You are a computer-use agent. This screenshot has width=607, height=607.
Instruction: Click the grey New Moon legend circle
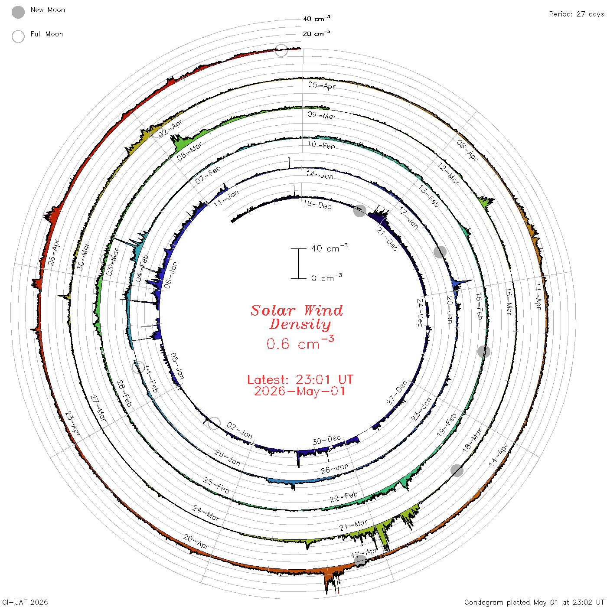[18, 12]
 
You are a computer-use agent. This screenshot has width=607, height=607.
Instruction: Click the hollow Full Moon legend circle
[18, 36]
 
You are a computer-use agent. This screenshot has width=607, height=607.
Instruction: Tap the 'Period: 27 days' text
[576, 14]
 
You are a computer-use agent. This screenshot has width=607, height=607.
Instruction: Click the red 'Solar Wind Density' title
[297, 317]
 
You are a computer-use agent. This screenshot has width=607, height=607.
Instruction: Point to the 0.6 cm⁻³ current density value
[300, 343]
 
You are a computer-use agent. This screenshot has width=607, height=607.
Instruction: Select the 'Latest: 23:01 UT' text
[300, 379]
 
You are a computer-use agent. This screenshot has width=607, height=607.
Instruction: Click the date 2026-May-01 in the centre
[300, 391]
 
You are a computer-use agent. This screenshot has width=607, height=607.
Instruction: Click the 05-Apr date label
[322, 85]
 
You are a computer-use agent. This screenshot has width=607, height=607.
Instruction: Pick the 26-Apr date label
[54, 252]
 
